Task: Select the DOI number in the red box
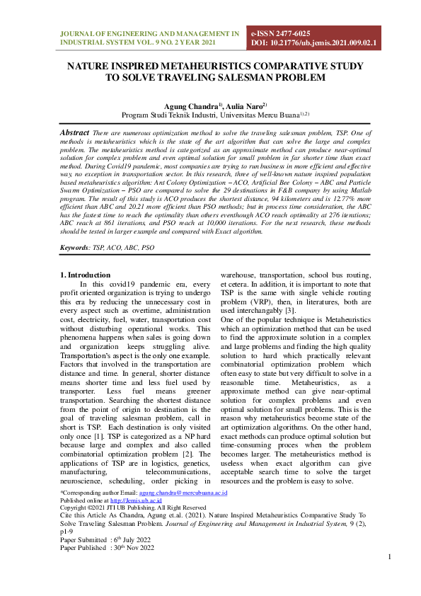pos(314,43)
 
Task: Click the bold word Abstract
pos(74,132)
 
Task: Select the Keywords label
pos(74,248)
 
